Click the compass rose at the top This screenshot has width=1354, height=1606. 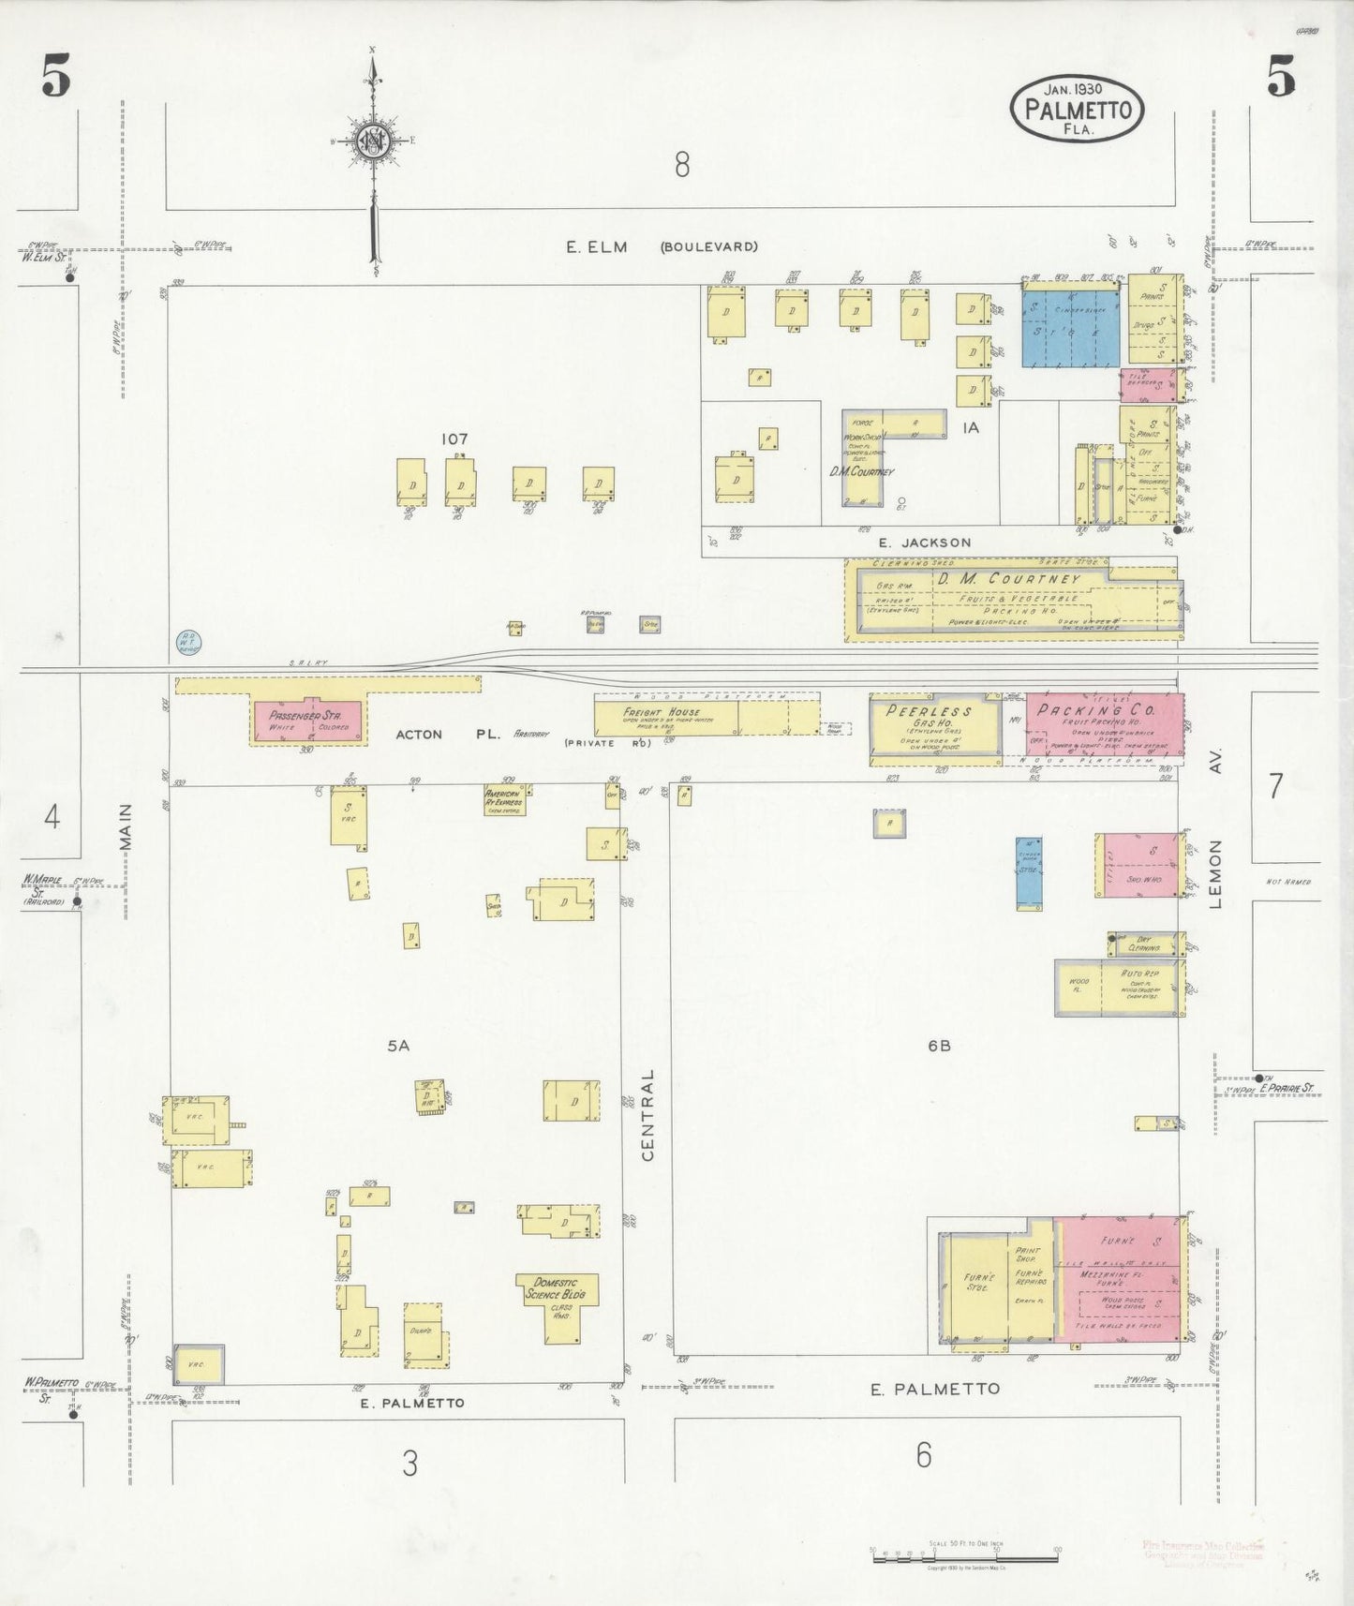[375, 141]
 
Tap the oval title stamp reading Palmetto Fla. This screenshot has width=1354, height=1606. [1078, 110]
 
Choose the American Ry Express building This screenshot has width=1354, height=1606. [504, 799]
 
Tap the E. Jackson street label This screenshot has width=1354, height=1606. [924, 543]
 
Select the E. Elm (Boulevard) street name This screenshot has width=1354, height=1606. [662, 247]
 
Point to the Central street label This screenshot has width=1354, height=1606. [647, 1115]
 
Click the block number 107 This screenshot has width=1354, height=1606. [454, 439]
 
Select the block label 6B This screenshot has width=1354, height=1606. [940, 1046]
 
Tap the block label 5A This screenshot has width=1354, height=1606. [399, 1046]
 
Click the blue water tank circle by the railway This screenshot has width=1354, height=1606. [188, 642]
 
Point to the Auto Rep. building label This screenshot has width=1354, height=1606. [1140, 974]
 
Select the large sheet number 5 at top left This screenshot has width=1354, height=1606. [55, 77]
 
